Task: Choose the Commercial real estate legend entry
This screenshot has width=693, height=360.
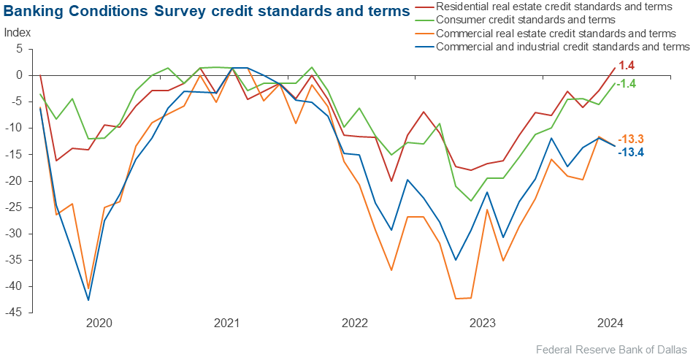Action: [555, 34]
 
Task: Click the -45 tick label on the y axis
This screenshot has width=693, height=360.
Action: [15, 313]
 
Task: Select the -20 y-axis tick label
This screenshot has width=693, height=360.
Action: [15, 180]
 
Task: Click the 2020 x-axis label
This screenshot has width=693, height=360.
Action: [99, 322]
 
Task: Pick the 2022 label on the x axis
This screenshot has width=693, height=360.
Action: [355, 322]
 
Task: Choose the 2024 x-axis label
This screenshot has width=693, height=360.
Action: [610, 322]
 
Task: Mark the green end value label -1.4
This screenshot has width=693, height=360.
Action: [627, 84]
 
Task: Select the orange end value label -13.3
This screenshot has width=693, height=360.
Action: [631, 139]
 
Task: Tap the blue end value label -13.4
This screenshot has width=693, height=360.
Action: [631, 152]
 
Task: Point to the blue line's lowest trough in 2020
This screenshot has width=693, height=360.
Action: [88, 300]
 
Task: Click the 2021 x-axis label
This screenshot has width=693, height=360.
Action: [227, 322]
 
